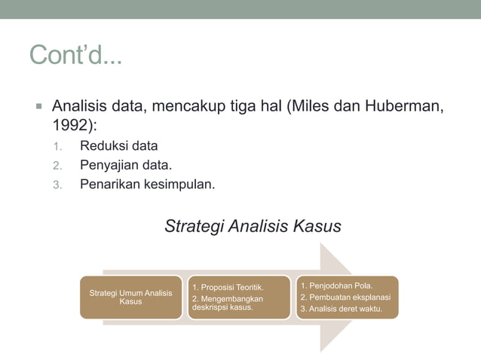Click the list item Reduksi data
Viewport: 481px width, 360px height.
click(x=119, y=146)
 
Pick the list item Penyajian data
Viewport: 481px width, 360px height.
click(x=126, y=164)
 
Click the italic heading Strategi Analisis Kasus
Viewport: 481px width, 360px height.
click(x=253, y=226)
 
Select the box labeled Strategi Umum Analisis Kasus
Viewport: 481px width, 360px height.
click(x=130, y=297)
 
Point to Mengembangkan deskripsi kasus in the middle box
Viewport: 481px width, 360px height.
click(x=226, y=303)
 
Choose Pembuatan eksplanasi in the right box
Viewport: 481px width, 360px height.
click(x=345, y=297)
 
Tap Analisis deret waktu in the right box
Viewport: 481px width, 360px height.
click(x=341, y=309)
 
